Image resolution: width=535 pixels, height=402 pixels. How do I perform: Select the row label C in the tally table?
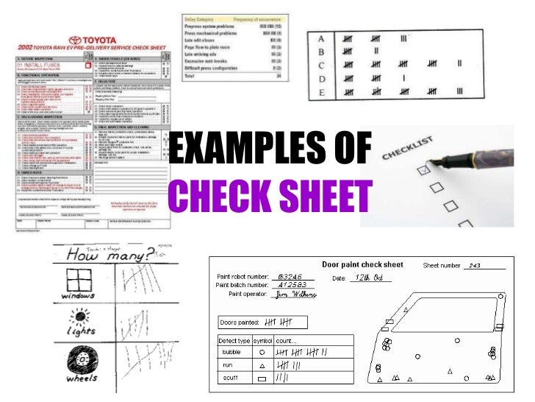pos(320,64)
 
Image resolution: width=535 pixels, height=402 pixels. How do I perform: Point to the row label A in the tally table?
pos(320,38)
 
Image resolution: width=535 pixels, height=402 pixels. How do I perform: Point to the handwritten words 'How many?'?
pos(109,256)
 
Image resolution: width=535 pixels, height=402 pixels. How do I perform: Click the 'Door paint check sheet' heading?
pos(362,264)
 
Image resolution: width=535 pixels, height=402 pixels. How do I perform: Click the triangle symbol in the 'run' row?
pos(262,365)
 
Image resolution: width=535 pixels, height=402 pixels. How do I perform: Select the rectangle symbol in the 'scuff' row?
pos(262,378)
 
